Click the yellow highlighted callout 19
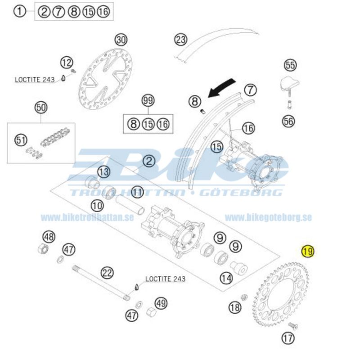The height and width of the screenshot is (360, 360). (x=308, y=251)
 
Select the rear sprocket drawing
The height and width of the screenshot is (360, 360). (x=280, y=294)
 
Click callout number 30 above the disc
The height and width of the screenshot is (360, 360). (x=121, y=40)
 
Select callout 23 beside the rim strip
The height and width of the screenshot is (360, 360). (x=180, y=40)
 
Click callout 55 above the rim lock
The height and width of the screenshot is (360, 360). (x=290, y=65)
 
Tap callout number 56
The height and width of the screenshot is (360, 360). (x=288, y=121)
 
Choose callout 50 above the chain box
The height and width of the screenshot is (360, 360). (x=41, y=108)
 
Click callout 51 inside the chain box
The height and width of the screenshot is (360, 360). (x=21, y=140)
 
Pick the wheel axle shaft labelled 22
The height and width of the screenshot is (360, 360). (x=101, y=283)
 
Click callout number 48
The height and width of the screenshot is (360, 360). (x=49, y=237)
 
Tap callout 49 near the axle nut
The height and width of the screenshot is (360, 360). (x=161, y=303)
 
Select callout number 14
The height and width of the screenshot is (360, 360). (x=227, y=278)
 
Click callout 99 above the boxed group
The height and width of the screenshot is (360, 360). (x=148, y=100)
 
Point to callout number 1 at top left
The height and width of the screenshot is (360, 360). (x=20, y=12)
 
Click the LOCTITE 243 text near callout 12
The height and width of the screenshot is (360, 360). (x=35, y=80)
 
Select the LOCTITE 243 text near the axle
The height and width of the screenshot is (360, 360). (x=165, y=279)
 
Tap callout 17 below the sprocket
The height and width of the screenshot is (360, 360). (x=288, y=338)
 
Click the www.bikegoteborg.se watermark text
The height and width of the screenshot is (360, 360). (x=268, y=217)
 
